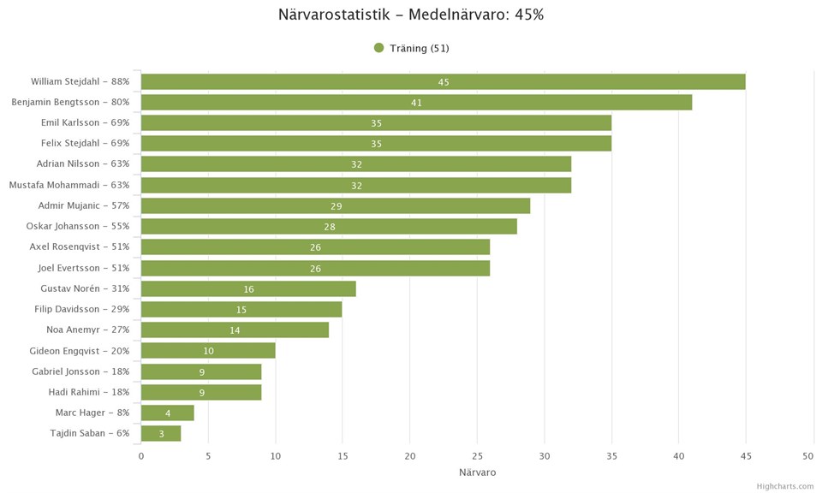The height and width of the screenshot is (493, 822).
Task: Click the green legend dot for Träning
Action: [378, 48]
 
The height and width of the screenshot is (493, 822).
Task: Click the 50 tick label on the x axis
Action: [813, 456]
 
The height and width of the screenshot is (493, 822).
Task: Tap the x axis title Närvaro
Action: [477, 472]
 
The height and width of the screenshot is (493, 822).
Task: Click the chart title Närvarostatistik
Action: [411, 15]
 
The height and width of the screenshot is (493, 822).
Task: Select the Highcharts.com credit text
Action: [784, 486]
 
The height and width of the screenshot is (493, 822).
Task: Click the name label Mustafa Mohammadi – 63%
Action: [69, 185]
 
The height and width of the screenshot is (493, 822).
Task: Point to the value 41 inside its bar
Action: [416, 103]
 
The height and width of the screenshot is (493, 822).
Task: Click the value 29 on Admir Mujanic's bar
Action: [337, 206]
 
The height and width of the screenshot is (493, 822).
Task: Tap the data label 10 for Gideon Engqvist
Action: [208, 351]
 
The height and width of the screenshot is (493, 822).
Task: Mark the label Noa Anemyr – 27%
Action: [87, 330]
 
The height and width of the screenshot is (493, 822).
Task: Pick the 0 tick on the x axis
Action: [141, 456]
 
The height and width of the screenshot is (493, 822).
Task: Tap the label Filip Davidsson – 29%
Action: [81, 309]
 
